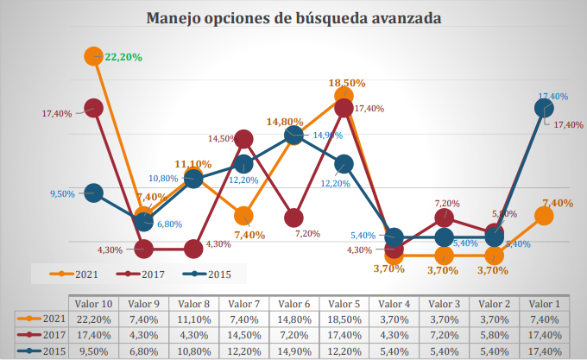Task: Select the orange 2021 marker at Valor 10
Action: coord(94,56)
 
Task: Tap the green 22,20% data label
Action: coord(123,57)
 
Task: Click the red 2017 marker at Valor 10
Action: coord(94,108)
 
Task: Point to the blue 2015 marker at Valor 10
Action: coord(94,193)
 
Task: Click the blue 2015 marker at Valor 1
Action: coord(544,108)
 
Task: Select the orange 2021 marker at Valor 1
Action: coord(544,216)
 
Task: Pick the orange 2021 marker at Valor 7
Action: coord(243,216)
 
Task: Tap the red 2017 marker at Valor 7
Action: coord(243,139)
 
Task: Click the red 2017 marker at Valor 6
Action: coord(293,217)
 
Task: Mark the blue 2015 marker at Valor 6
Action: coord(293,135)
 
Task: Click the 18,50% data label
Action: coord(347,83)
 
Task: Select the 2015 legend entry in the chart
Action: coord(213,274)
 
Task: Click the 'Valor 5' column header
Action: coord(344,304)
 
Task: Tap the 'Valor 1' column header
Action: coord(544,304)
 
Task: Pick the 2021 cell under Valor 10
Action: coord(93,319)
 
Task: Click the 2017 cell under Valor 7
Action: coord(243,334)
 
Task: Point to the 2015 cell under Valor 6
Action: coord(293,350)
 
